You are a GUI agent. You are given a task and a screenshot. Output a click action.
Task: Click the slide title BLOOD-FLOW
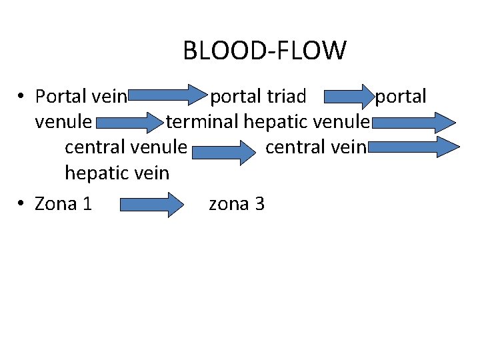(265, 51)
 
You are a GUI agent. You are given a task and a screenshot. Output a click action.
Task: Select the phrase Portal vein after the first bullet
(81, 97)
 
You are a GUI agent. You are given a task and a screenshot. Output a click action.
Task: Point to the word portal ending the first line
(400, 97)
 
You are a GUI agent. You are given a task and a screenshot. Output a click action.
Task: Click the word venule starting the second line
(63, 123)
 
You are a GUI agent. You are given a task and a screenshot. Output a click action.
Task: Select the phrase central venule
(125, 147)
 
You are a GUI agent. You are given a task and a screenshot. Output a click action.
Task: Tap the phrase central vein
(315, 147)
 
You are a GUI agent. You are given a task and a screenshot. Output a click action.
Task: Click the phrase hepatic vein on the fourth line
(117, 173)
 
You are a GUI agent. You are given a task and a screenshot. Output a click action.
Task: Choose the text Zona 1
(63, 204)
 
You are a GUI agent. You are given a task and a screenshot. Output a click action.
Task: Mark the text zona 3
(237, 204)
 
